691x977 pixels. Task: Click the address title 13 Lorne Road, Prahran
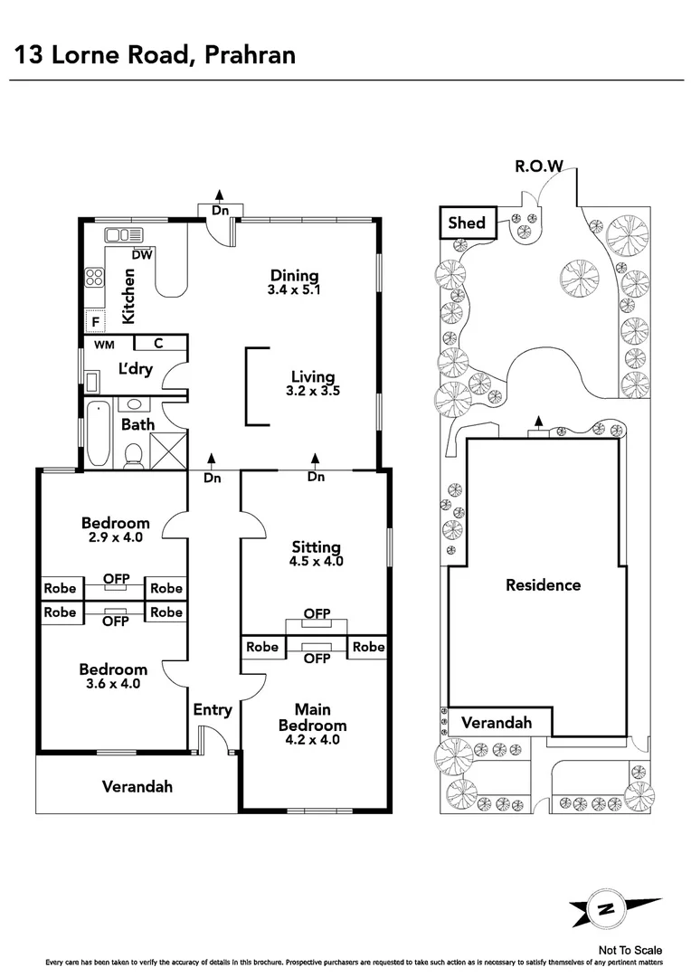coord(155,56)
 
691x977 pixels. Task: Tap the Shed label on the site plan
coord(467,223)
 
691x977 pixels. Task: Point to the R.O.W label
coord(539,166)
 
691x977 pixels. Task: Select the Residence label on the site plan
coord(543,585)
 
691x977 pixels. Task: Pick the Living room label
coord(313,377)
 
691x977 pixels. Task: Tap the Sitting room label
coord(317,547)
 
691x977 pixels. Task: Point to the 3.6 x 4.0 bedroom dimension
coord(112,684)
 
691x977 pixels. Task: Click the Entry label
coord(213,710)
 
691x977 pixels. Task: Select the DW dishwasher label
coord(141,255)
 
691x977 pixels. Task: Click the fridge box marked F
coord(93,321)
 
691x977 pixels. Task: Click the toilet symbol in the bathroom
coord(134,455)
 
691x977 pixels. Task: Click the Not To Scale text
coord(630,950)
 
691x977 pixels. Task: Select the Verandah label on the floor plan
coord(137,787)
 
